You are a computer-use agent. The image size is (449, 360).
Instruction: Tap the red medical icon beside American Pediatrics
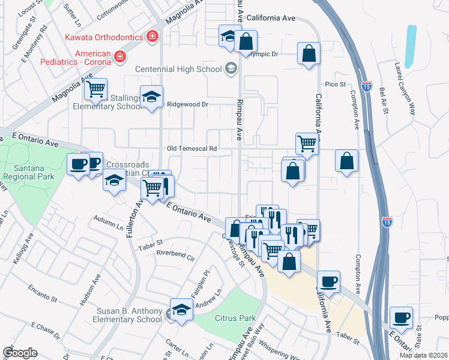tap(120, 57)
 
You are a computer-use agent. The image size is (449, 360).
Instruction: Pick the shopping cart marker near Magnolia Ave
tap(95, 90)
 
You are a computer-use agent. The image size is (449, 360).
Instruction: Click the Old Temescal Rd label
tap(191, 148)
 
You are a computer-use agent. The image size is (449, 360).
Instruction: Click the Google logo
tap(20, 353)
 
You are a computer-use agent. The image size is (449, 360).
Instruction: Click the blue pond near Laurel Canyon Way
tap(411, 46)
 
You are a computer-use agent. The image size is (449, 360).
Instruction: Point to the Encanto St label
tap(42, 293)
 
